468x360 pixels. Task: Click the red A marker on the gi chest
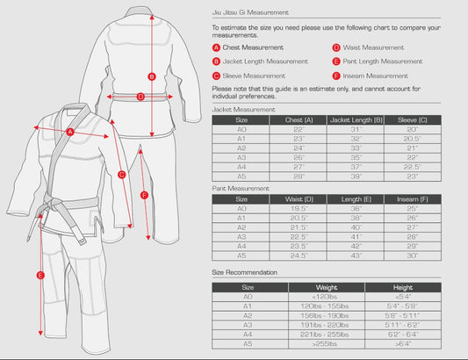[x=70, y=133]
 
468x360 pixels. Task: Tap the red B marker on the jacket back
[x=152, y=76]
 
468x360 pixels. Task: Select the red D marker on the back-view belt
[x=140, y=97]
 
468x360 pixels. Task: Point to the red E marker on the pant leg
[x=40, y=276]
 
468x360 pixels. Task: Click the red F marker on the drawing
[x=145, y=196]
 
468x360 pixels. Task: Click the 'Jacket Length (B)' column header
[x=356, y=119]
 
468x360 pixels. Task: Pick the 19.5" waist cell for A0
[x=299, y=209]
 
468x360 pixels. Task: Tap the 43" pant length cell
[x=356, y=256]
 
